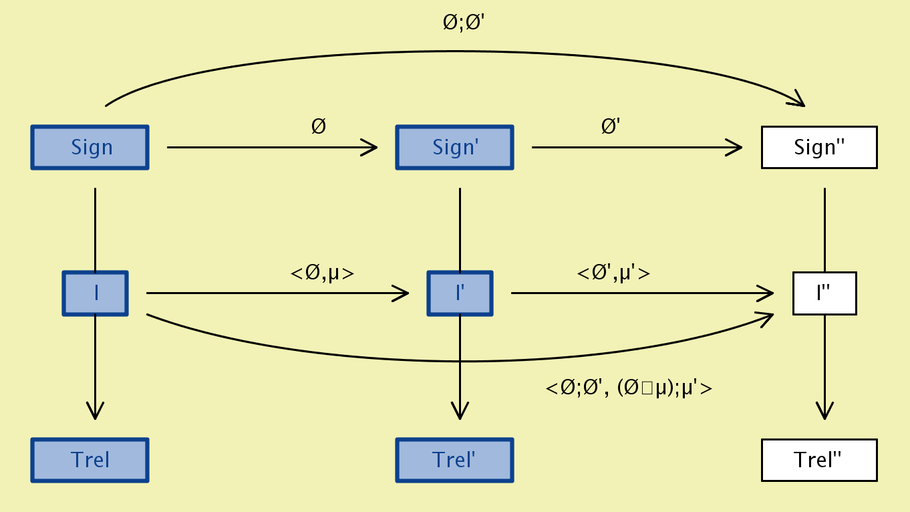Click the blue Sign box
tap(90, 147)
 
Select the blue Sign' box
tap(455, 147)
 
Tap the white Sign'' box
tap(819, 147)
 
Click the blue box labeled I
tap(96, 293)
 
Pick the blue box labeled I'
tap(460, 293)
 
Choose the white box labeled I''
tap(824, 293)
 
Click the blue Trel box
tap(90, 460)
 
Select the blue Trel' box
tap(455, 460)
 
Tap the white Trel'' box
tap(819, 460)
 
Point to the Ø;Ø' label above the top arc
tap(468, 23)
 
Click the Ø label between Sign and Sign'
tap(319, 126)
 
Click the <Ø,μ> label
tap(322, 273)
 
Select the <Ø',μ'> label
tap(613, 273)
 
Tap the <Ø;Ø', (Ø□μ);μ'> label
tap(629, 388)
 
